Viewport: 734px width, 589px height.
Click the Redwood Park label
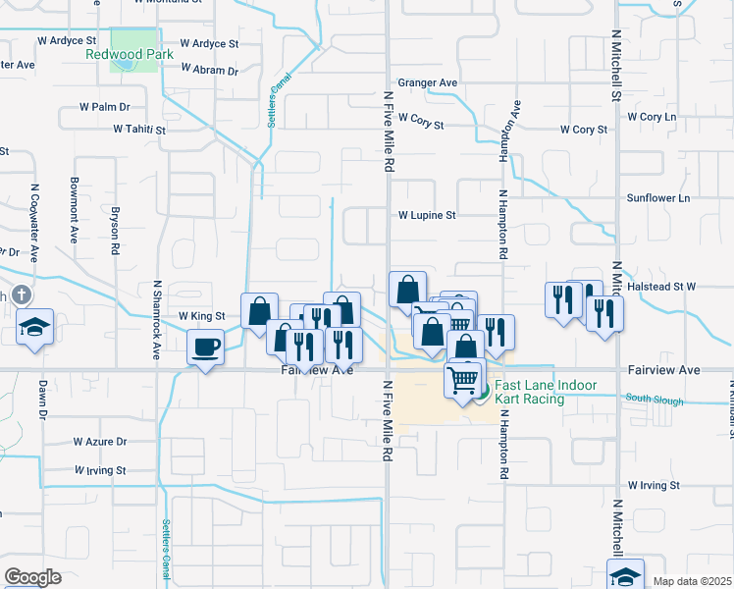pos(130,54)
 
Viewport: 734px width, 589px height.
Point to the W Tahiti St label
pos(139,129)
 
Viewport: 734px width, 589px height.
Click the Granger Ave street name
pos(427,83)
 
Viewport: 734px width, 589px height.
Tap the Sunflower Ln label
pos(659,197)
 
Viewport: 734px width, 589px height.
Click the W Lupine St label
pos(427,214)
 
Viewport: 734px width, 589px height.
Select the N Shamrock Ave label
pos(156,320)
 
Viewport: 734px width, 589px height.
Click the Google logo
pos(32,576)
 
